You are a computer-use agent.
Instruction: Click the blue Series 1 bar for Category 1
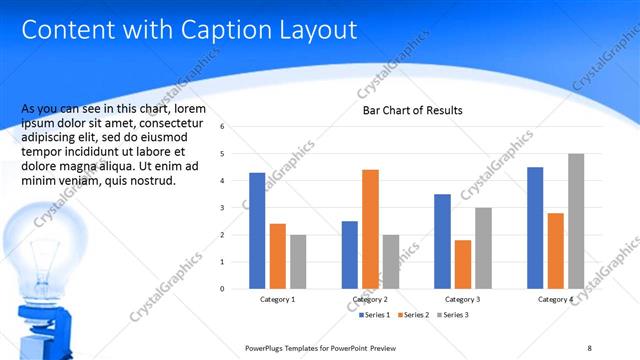[x=257, y=230]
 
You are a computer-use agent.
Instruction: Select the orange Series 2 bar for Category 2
[x=370, y=229]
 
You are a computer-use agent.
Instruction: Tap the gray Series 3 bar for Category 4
[x=576, y=221]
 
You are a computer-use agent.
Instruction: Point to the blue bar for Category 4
[x=535, y=227]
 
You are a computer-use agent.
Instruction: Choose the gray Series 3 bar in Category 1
[x=298, y=261]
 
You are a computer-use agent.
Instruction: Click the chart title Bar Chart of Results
[x=412, y=110]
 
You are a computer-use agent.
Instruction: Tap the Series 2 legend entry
[x=414, y=315]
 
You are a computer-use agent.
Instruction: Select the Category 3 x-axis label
[x=463, y=299]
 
